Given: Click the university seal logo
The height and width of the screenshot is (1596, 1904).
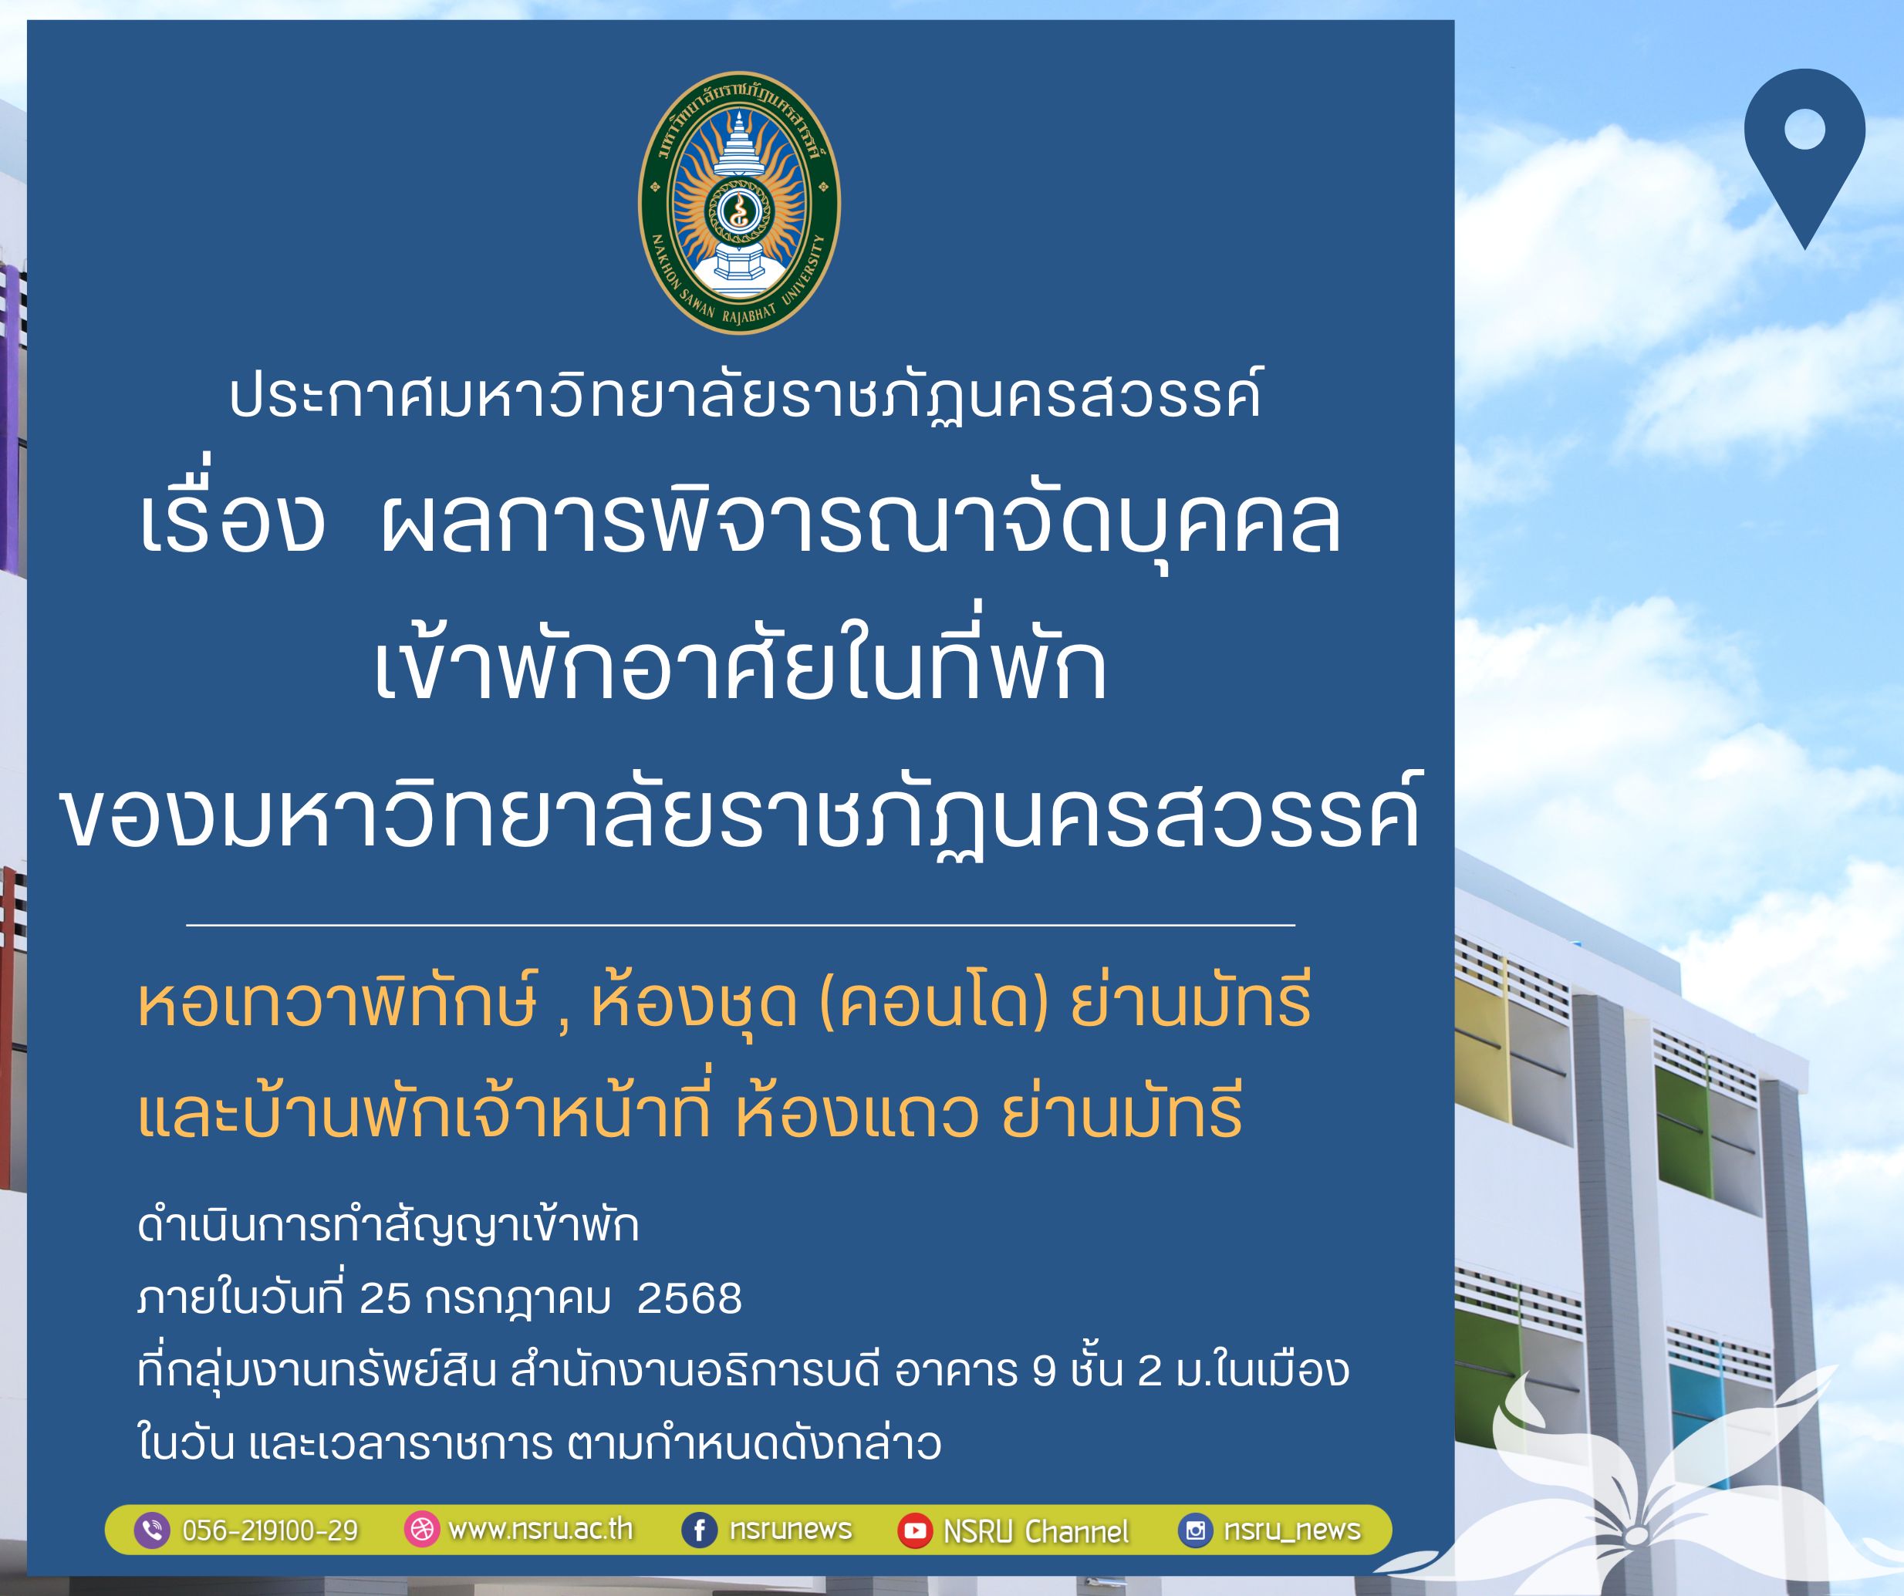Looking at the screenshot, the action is point(739,202).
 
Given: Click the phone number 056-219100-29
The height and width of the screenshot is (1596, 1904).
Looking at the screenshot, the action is point(270,1530).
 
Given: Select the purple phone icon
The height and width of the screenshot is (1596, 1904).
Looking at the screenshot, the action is point(152,1530).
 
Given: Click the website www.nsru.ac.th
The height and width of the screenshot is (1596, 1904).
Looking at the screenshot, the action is point(540,1529).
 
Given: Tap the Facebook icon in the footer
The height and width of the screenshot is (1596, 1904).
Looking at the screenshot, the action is point(699,1530).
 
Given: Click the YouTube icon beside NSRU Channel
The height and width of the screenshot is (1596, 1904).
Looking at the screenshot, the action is point(915,1530).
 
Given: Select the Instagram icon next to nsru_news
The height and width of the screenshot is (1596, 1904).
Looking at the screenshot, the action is point(1196,1530).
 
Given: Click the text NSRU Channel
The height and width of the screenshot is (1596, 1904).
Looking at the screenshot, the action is point(1036,1532).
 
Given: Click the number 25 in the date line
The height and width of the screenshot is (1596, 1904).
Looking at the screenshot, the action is point(385,1298).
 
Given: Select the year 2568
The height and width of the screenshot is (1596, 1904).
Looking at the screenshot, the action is point(689,1298).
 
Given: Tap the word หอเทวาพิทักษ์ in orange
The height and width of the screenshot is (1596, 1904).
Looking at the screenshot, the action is point(337,1002).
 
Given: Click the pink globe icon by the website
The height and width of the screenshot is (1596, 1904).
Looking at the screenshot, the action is point(421,1530).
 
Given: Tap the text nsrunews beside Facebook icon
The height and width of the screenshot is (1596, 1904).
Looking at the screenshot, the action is point(791,1530).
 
